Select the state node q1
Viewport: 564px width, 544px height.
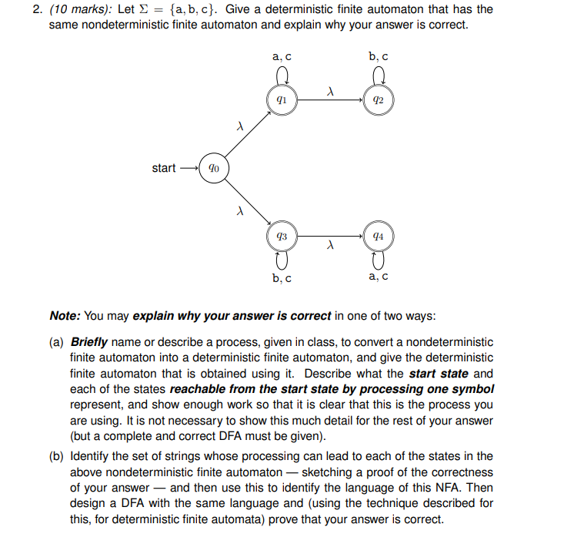tap(282, 100)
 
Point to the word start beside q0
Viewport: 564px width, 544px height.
tap(164, 168)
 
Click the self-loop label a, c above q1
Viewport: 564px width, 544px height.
tap(282, 56)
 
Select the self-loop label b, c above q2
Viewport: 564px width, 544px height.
tap(378, 56)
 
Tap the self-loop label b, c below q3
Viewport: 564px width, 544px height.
tap(282, 277)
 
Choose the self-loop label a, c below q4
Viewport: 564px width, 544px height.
tap(378, 277)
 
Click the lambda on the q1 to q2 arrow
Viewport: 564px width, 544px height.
tap(329, 91)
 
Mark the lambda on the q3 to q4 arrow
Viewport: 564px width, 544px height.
tap(329, 247)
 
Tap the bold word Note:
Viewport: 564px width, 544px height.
tap(65, 316)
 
